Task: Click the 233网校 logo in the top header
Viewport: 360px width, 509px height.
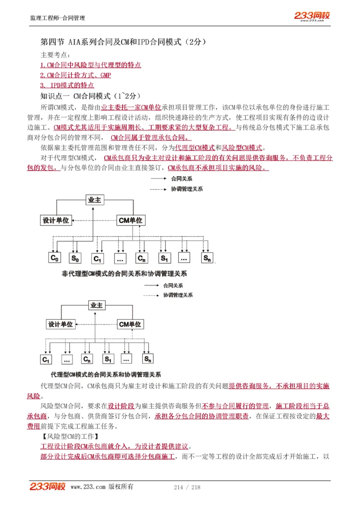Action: point(312,16)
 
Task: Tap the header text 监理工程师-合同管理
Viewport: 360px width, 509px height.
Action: point(57,18)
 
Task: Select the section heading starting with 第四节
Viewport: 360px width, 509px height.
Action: point(123,42)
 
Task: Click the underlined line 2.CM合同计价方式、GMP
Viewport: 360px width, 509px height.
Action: point(75,75)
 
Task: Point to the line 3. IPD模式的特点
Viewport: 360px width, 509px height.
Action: point(67,85)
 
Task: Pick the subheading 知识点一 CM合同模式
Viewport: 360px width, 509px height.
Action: point(90,96)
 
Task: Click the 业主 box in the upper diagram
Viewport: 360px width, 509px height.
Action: point(94,200)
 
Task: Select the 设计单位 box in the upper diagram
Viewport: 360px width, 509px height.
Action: point(56,220)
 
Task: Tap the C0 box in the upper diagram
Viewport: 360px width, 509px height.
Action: point(54,258)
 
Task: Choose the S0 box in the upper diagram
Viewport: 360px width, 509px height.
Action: point(75,258)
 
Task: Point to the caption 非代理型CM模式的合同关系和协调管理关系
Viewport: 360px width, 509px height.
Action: point(124,273)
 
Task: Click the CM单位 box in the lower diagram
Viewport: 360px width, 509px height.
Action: point(130,324)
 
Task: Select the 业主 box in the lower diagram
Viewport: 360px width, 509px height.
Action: point(96,305)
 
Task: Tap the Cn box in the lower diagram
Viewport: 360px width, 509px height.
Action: point(87,359)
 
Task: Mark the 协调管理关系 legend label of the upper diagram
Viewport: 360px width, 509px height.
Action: point(187,189)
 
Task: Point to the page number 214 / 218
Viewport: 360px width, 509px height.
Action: point(187,487)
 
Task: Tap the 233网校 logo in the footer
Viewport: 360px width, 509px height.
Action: point(48,487)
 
